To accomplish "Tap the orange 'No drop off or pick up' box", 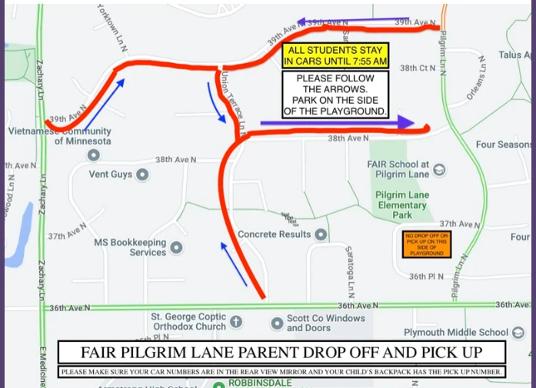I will (x=426, y=244).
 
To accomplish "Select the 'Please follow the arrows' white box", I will (x=335, y=95).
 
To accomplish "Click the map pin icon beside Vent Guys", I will (x=142, y=174).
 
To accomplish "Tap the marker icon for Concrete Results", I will (x=321, y=234).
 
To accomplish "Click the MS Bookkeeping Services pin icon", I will (x=176, y=247).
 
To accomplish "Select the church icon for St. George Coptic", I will (x=236, y=321).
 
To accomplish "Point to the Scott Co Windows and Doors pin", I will (x=278, y=323).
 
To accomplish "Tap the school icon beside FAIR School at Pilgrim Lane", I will (x=439, y=170).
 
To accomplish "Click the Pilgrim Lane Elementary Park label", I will (x=402, y=205).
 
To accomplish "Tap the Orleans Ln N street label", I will (x=475, y=78).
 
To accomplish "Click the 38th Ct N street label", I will (x=418, y=68).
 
